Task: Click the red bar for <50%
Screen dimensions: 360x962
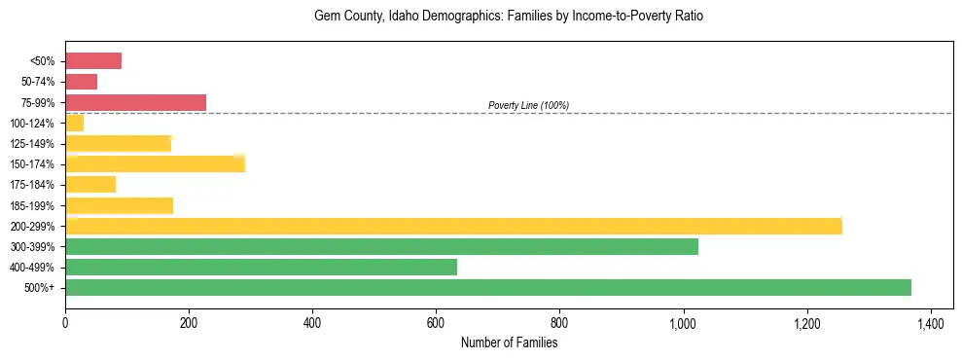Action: point(93,61)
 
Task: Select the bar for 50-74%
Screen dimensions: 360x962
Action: point(81,82)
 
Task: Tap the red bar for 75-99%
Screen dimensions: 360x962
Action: point(135,102)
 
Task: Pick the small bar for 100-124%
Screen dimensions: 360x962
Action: point(74,123)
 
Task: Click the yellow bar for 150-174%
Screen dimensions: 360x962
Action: point(155,163)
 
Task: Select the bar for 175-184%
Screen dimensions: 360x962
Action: point(90,184)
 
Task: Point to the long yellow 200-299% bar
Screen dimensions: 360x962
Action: point(453,226)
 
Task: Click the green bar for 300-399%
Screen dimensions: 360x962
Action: point(381,246)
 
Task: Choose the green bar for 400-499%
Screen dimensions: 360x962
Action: point(261,267)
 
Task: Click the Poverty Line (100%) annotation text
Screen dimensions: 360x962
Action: point(528,105)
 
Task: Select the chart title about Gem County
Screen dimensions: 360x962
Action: point(509,17)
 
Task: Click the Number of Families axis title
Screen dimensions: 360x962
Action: point(509,342)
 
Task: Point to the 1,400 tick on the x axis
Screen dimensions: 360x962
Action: point(931,323)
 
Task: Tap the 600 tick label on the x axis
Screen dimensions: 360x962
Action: point(436,323)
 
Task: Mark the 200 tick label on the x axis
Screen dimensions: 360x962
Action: point(189,323)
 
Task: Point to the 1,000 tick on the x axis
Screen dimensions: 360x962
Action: point(683,323)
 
